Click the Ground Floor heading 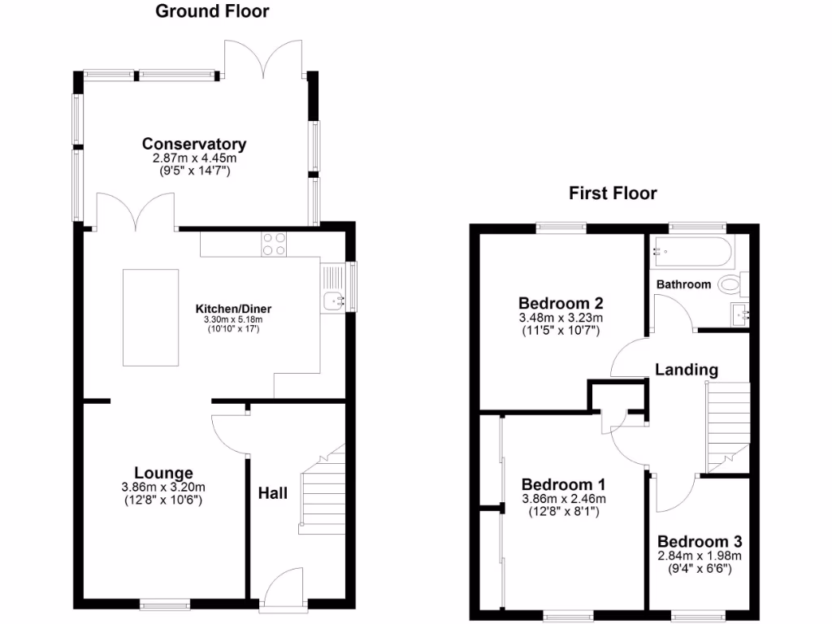[x=212, y=11]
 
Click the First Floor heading [x=613, y=193]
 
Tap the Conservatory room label [x=194, y=144]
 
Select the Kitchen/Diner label [x=233, y=309]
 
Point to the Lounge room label [x=163, y=473]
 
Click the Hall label [x=272, y=493]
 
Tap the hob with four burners [x=275, y=244]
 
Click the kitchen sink [x=334, y=301]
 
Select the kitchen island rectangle [x=150, y=318]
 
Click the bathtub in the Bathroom [x=691, y=253]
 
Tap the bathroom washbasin [x=740, y=314]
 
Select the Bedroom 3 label [x=700, y=542]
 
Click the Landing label [x=687, y=370]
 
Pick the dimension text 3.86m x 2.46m [x=564, y=499]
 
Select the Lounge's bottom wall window [x=165, y=604]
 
